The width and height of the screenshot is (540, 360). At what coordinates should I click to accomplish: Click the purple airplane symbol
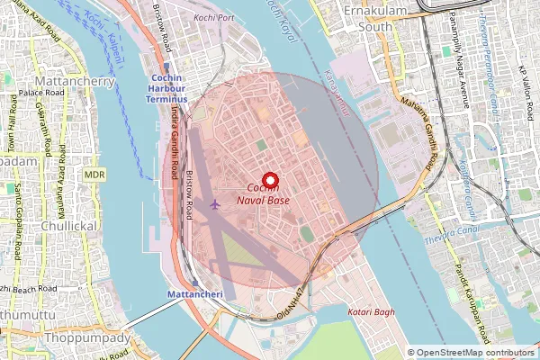[x=214, y=204]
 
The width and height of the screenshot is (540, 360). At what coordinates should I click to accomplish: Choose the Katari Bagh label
[x=371, y=311]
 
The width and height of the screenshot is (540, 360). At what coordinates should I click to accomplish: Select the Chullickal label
[x=69, y=226]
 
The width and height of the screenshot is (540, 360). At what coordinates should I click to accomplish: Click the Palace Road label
[x=39, y=93]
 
